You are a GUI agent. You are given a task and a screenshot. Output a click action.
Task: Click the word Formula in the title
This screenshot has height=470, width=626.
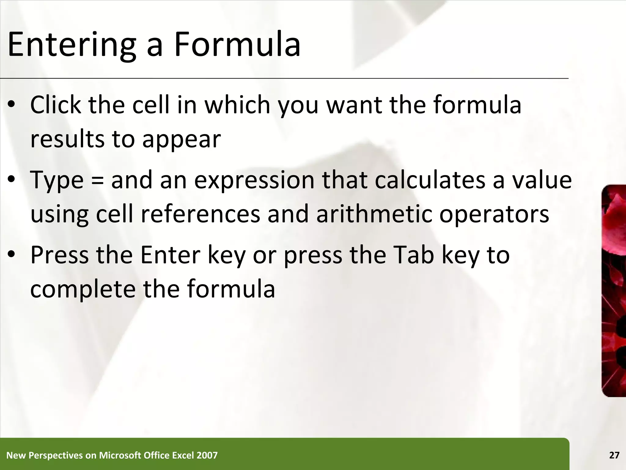coord(237,45)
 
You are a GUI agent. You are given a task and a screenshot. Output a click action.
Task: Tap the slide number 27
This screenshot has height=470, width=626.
coord(614,455)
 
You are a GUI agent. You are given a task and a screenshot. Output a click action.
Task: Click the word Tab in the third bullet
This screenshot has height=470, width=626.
coord(414,255)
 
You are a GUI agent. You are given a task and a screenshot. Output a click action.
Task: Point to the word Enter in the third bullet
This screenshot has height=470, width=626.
coord(170,255)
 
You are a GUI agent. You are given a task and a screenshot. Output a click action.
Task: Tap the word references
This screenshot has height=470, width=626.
coord(200,214)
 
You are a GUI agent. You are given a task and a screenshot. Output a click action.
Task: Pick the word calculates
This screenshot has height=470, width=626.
coord(430,180)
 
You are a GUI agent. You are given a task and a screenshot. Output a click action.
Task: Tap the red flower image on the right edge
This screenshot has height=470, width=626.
coord(614,291)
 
